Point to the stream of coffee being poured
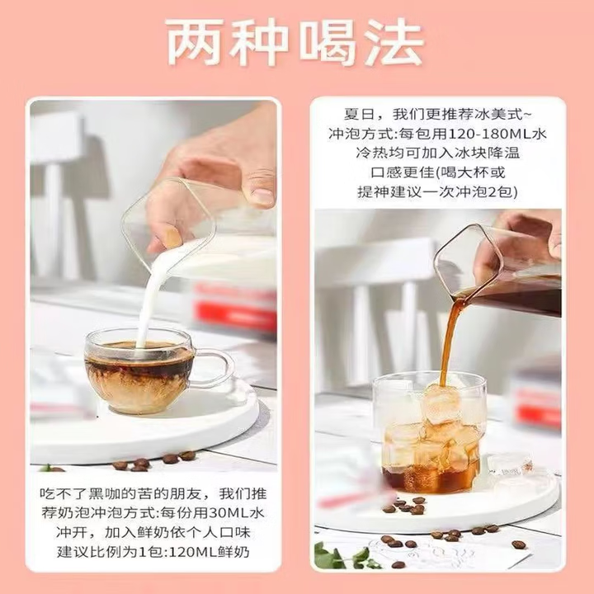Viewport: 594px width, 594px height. [450, 338]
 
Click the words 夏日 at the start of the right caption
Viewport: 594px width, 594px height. [358, 114]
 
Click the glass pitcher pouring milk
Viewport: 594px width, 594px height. [198, 239]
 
